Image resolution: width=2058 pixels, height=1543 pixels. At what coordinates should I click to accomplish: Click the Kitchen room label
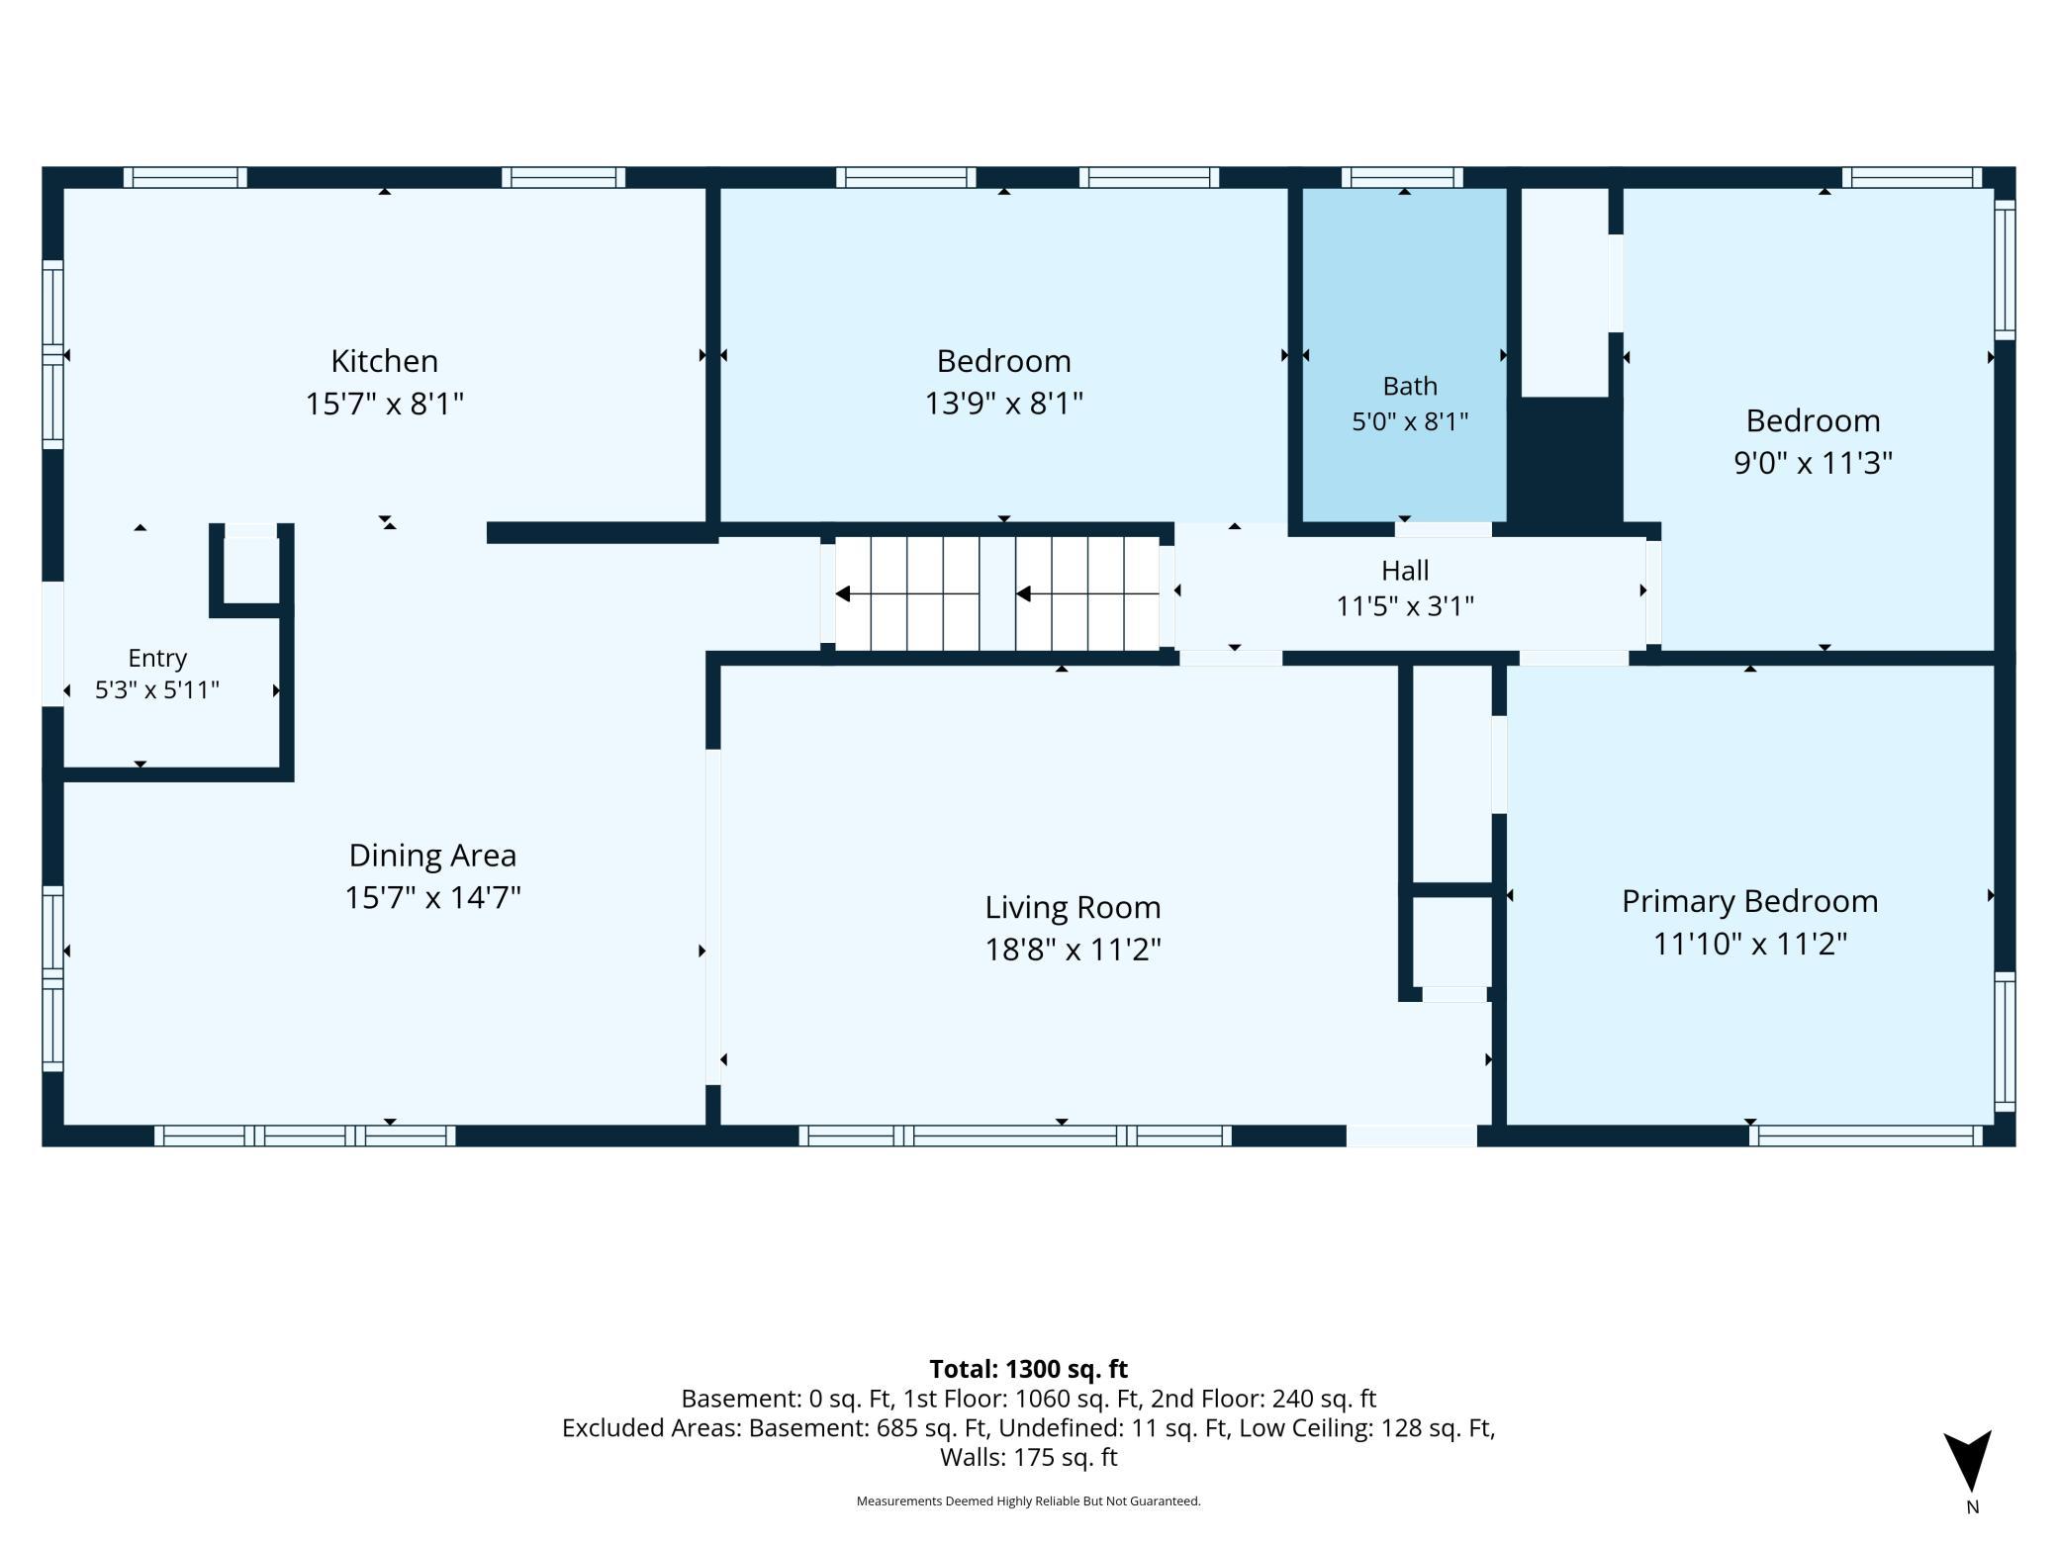coord(384,361)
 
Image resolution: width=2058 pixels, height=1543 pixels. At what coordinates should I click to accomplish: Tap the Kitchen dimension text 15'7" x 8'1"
coord(384,404)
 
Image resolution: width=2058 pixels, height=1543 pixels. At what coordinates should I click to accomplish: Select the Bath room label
coord(1410,386)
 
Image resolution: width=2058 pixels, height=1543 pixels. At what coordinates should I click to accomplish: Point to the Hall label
coord(1405,571)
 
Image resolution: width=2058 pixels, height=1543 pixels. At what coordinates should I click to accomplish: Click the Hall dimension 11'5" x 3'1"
coord(1405,605)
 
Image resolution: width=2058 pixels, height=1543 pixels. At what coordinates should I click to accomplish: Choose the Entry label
coord(157,659)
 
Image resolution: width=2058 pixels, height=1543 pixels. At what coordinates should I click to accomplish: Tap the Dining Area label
coord(432,855)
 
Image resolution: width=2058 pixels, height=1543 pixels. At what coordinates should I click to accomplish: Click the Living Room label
coord(1073,907)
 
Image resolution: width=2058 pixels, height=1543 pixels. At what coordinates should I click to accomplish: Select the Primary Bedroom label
coord(1749,901)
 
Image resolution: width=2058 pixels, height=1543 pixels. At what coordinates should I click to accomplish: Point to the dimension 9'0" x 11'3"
coord(1813,463)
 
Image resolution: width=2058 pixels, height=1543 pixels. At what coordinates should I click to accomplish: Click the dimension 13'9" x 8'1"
coord(1003,404)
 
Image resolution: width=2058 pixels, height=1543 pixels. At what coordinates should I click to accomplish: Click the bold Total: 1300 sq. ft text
coord(1028,1369)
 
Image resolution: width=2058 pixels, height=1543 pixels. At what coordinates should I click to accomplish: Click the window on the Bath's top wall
coord(1402,178)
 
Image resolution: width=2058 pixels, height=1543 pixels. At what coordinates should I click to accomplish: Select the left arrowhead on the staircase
coord(843,594)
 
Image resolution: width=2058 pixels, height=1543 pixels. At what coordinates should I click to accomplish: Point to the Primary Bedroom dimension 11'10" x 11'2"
coord(1749,944)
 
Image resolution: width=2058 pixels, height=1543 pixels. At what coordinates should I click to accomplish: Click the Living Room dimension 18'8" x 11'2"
coord(1073,950)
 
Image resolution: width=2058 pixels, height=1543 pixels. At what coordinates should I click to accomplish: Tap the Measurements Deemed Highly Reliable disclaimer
coord(1028,1501)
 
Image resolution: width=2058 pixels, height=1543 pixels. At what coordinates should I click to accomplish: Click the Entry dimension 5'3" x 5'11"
coord(157,690)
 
